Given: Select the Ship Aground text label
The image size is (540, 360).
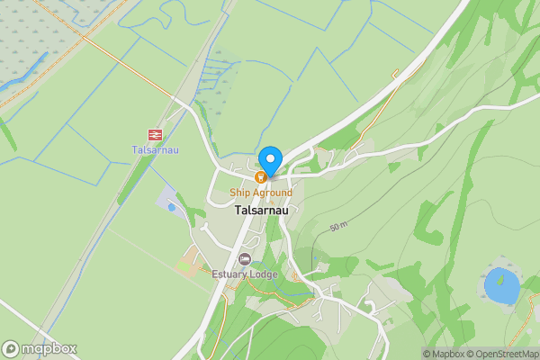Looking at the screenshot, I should (260, 193).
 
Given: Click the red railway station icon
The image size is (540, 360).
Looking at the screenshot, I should (155, 134).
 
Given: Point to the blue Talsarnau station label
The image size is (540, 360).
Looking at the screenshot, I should (154, 149).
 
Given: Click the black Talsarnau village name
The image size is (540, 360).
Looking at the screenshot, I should (260, 211).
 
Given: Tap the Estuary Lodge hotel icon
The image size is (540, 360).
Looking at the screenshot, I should (244, 259).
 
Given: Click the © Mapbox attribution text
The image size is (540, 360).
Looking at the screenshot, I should (444, 354).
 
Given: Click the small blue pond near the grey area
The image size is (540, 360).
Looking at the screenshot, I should (171, 206).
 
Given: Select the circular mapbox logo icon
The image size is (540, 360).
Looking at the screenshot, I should (11, 348).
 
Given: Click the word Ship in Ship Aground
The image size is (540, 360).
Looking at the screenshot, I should (238, 193).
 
